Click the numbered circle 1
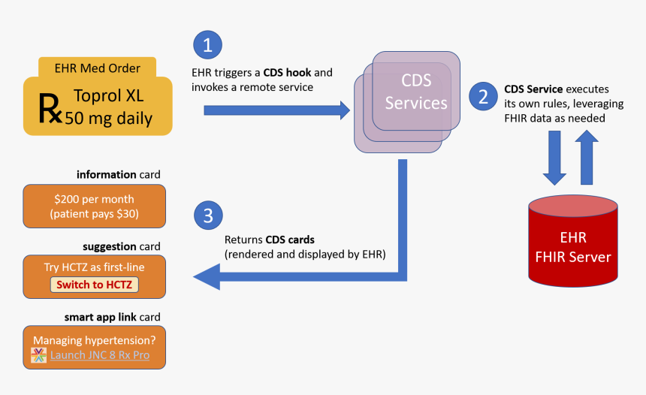(x=208, y=45)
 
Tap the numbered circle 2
(x=483, y=97)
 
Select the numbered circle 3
(x=208, y=216)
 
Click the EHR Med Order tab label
(x=98, y=68)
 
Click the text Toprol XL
(x=107, y=96)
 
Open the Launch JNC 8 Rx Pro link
(x=100, y=355)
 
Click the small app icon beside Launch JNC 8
(x=38, y=355)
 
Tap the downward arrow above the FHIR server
(x=555, y=158)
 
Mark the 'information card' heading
(x=118, y=175)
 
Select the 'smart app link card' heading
(x=112, y=317)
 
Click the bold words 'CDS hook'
(x=286, y=73)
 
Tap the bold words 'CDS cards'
(x=290, y=240)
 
